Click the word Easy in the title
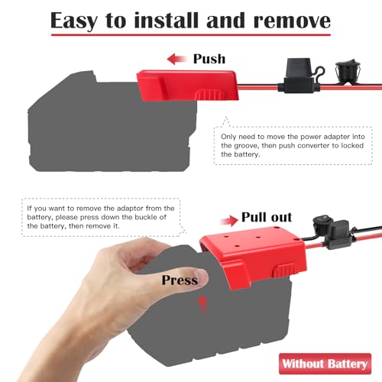coord(73,21)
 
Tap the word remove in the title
coord(292,21)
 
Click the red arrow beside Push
coord(177,59)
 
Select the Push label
coord(209,59)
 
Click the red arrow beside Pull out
coord(229,221)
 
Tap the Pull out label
coord(267,218)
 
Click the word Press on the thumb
coord(180,280)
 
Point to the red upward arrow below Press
coord(203,304)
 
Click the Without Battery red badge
coord(325,364)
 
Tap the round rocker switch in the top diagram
coord(348,72)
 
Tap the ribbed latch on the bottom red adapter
coord(284,270)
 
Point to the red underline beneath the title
coord(191,34)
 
